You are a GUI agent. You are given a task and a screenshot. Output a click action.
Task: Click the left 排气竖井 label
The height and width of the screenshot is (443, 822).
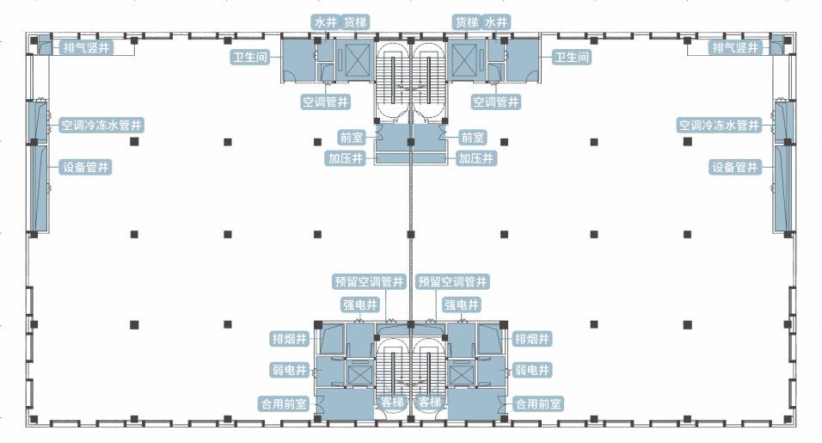[x=87, y=47]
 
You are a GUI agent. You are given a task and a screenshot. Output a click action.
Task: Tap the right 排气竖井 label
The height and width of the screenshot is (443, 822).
[x=735, y=47]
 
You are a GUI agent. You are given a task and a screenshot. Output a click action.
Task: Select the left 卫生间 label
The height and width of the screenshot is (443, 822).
[x=249, y=57]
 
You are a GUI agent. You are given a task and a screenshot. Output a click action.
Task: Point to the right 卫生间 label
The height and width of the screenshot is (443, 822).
[x=572, y=57]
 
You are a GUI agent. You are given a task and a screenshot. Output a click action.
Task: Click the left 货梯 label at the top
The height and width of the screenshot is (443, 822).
[x=355, y=22]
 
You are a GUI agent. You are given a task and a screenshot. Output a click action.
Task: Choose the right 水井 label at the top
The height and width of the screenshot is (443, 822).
[x=496, y=22]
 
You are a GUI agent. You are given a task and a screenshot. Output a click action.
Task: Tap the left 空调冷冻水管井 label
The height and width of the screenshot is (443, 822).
[x=101, y=126]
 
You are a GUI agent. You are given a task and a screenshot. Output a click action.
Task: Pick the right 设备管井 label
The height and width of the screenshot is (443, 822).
[x=735, y=167]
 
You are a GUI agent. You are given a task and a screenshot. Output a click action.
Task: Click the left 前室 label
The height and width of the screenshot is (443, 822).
[x=351, y=138]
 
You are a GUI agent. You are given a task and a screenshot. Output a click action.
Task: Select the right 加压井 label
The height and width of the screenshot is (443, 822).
[x=476, y=158]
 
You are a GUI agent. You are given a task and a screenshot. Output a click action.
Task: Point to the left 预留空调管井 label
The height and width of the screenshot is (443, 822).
[x=370, y=282]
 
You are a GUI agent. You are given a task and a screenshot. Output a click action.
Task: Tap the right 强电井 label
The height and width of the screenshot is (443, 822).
[x=462, y=305]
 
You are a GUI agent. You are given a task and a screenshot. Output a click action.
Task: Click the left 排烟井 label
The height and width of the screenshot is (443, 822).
[x=289, y=339]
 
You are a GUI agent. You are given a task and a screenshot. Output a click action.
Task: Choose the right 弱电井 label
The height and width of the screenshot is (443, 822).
[x=531, y=370]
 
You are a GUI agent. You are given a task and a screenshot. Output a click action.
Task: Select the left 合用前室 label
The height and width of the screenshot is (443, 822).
[x=284, y=404]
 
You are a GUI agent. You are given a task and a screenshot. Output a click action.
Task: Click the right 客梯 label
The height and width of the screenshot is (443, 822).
[x=430, y=402]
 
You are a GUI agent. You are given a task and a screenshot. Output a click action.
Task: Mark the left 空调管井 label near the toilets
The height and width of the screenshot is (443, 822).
[x=326, y=102]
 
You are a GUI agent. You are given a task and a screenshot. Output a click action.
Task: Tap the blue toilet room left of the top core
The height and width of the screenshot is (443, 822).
[x=299, y=59]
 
